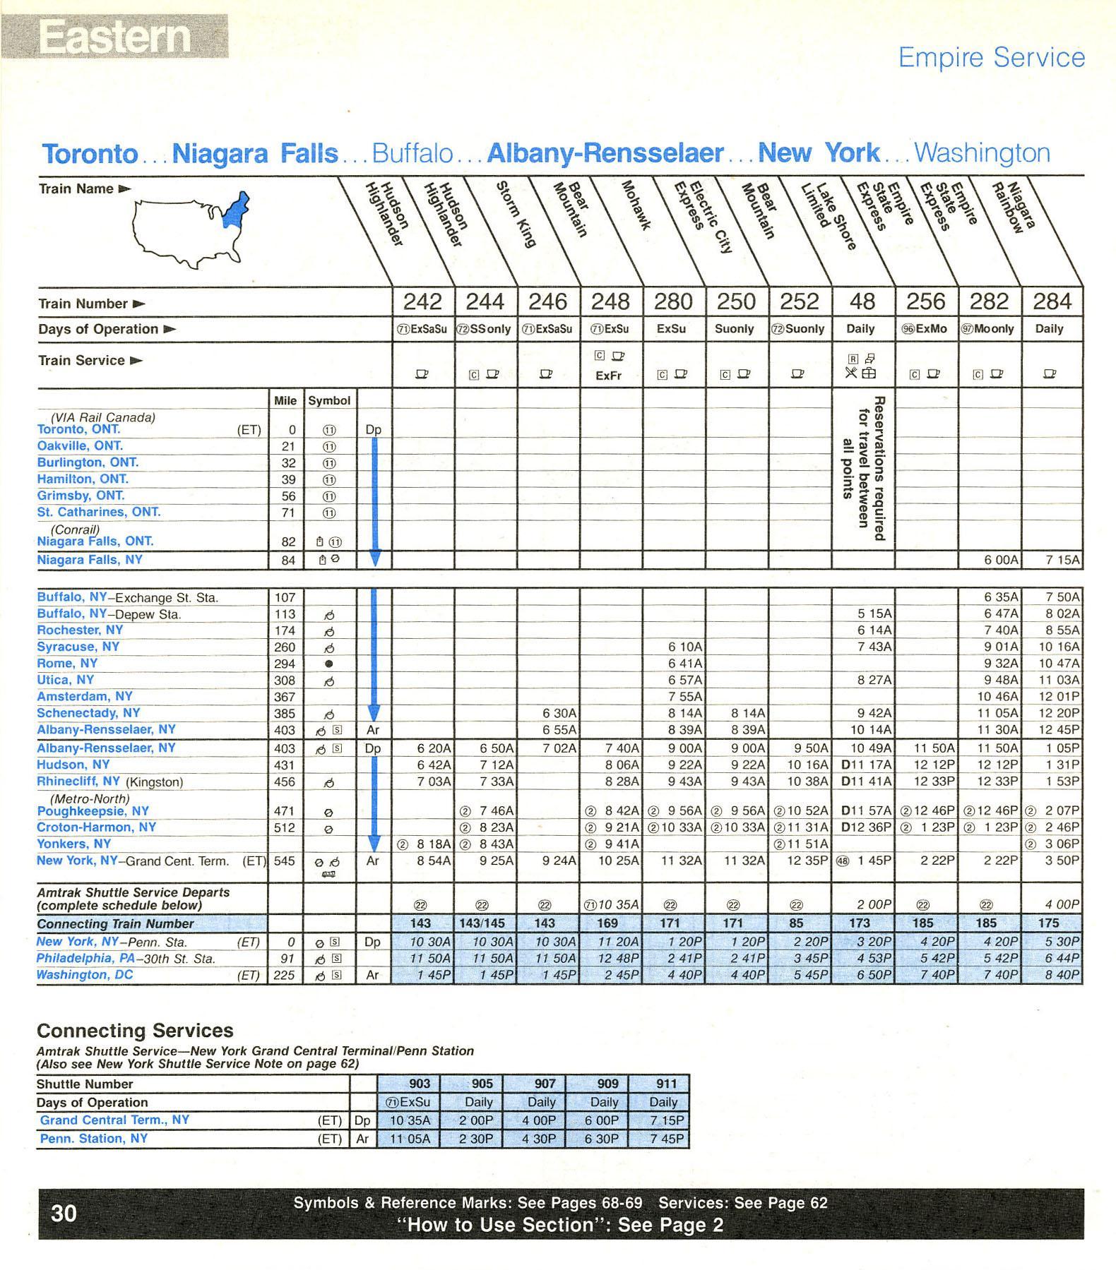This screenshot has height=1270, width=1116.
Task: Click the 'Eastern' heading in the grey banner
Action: point(114,36)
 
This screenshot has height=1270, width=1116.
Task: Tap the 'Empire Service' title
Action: point(991,57)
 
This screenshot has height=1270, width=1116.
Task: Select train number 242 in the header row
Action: point(422,302)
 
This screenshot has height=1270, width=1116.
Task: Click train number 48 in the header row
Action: point(862,302)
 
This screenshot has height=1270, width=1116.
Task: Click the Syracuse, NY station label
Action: point(78,647)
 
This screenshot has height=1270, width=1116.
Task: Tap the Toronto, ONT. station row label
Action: point(78,429)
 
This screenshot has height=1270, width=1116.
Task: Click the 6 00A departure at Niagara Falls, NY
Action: point(1001,560)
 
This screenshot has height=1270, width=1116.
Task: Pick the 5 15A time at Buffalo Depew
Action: point(874,613)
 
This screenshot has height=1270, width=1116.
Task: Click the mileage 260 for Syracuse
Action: point(285,647)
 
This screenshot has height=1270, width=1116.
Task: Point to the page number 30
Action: point(64,1213)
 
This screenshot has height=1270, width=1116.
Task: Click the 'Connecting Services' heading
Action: point(135,1031)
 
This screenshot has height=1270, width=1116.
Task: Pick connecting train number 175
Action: point(1049,923)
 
